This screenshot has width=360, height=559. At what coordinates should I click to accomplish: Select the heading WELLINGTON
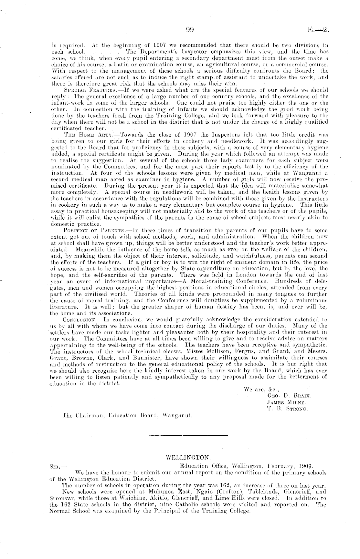point(188,458)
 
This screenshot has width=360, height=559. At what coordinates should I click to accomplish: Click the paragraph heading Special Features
point(82,90)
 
